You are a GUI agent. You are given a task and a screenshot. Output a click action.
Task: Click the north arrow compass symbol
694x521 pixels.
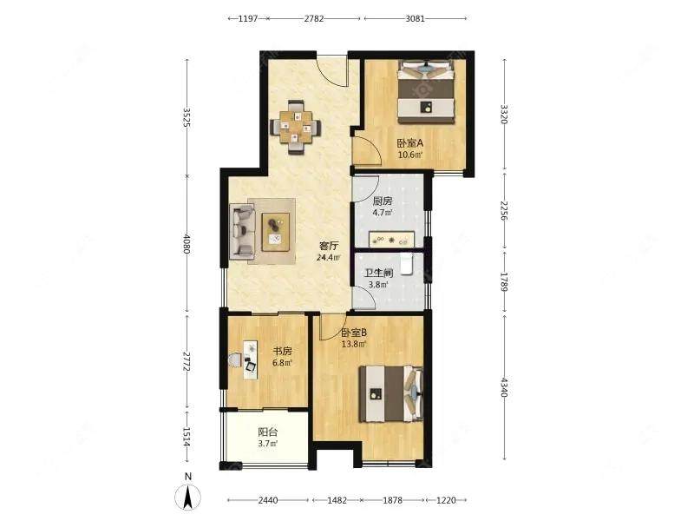pos(188,497)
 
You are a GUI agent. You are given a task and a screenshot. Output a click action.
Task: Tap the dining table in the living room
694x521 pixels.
pos(296,128)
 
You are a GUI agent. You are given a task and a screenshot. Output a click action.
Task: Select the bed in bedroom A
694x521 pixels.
pos(426,92)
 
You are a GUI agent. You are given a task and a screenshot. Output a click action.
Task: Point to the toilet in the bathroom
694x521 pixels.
pos(407,265)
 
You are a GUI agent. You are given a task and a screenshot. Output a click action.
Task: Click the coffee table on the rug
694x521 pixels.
pos(276,232)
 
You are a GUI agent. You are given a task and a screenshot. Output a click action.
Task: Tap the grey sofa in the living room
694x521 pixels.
pos(242,230)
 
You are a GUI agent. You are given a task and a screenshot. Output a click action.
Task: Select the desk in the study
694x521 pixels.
pos(251,359)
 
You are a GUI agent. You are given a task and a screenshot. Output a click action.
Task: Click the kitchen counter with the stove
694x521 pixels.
pos(391,239)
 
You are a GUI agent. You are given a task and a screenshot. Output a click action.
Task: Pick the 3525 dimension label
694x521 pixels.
pos(187,117)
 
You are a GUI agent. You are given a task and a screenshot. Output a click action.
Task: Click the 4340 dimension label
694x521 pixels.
pos(505,387)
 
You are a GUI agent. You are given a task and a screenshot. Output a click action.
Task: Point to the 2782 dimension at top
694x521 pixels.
pos(314,18)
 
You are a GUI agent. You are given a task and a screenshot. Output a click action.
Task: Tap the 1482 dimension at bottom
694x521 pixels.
pos(337,500)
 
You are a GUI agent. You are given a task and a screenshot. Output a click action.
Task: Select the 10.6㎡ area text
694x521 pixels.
pos(409,155)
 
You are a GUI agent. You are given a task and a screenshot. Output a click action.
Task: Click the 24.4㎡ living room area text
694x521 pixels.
pos(329,257)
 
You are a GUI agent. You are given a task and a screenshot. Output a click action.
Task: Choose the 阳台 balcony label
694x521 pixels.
pos(268,432)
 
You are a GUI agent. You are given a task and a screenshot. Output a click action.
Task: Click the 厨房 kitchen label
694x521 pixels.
pos(383,201)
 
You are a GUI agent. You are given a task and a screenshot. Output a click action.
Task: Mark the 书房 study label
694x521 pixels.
pos(282,352)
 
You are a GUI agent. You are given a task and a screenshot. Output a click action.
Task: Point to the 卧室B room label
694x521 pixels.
pos(354,333)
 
